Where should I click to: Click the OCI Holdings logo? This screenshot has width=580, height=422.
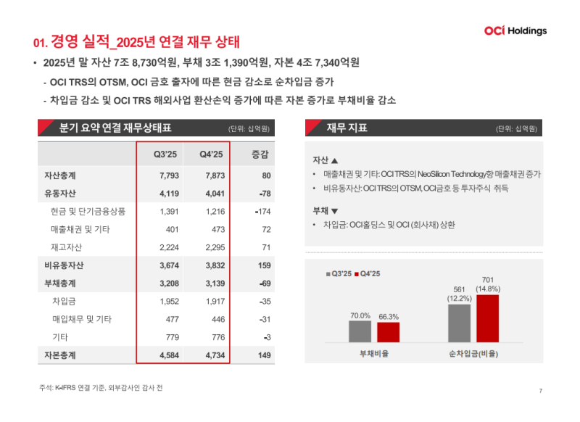515,31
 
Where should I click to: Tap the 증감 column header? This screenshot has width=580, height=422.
260,154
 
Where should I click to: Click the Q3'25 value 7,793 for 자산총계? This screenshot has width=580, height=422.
168,175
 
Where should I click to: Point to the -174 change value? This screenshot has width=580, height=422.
262,212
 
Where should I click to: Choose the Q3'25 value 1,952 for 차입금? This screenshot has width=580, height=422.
168,301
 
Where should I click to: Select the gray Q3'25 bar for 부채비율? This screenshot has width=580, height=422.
360,331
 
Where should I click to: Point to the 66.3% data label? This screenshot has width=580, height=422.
389,316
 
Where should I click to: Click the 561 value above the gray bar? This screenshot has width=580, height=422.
459,289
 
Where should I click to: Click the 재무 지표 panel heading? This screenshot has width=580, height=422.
347,128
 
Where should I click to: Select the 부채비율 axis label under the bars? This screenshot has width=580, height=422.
374,353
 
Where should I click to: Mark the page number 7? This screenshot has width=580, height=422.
541,391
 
